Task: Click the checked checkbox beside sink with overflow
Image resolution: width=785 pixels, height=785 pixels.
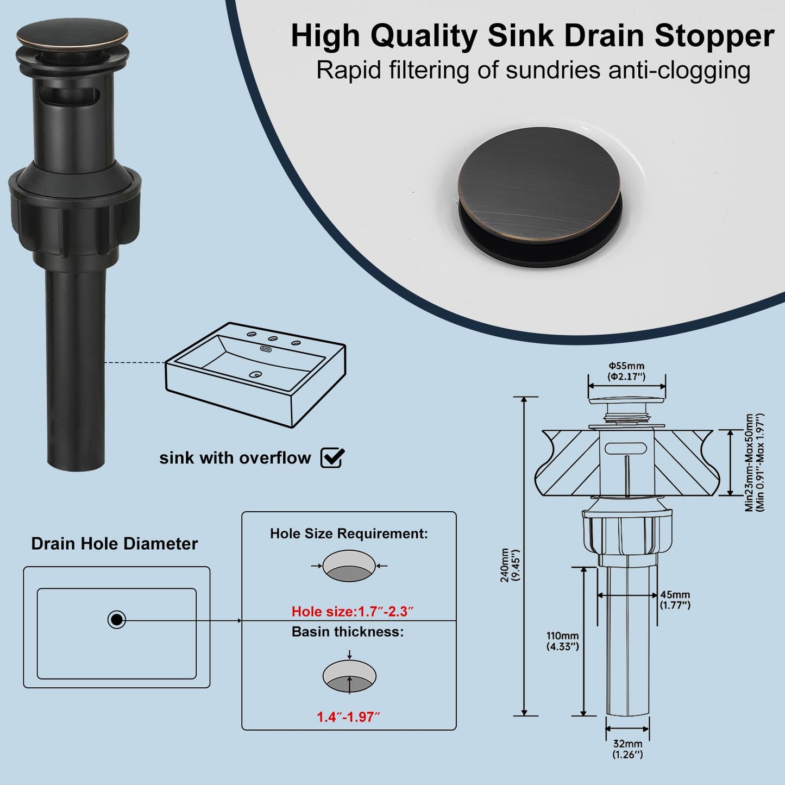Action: tap(332, 458)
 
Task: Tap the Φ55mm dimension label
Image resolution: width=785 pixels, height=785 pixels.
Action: tap(626, 366)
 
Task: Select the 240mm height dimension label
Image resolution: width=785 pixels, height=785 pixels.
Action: tap(505, 565)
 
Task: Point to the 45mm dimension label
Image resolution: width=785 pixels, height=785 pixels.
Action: tap(675, 595)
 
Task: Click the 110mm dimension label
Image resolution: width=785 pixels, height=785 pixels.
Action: tap(562, 636)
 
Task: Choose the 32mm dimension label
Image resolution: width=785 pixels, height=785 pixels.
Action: tap(627, 744)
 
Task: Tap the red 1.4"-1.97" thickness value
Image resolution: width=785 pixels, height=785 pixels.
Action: tap(348, 717)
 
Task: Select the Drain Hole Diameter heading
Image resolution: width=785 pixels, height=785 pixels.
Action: tap(114, 544)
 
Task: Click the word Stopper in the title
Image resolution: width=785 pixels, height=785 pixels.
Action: tap(714, 36)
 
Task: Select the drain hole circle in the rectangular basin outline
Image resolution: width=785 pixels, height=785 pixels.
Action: tap(116, 619)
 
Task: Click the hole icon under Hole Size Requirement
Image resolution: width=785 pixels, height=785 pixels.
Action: tap(349, 566)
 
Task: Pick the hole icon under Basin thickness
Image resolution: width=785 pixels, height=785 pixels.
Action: tap(349, 676)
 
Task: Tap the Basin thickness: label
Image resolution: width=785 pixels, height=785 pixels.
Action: tap(348, 632)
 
